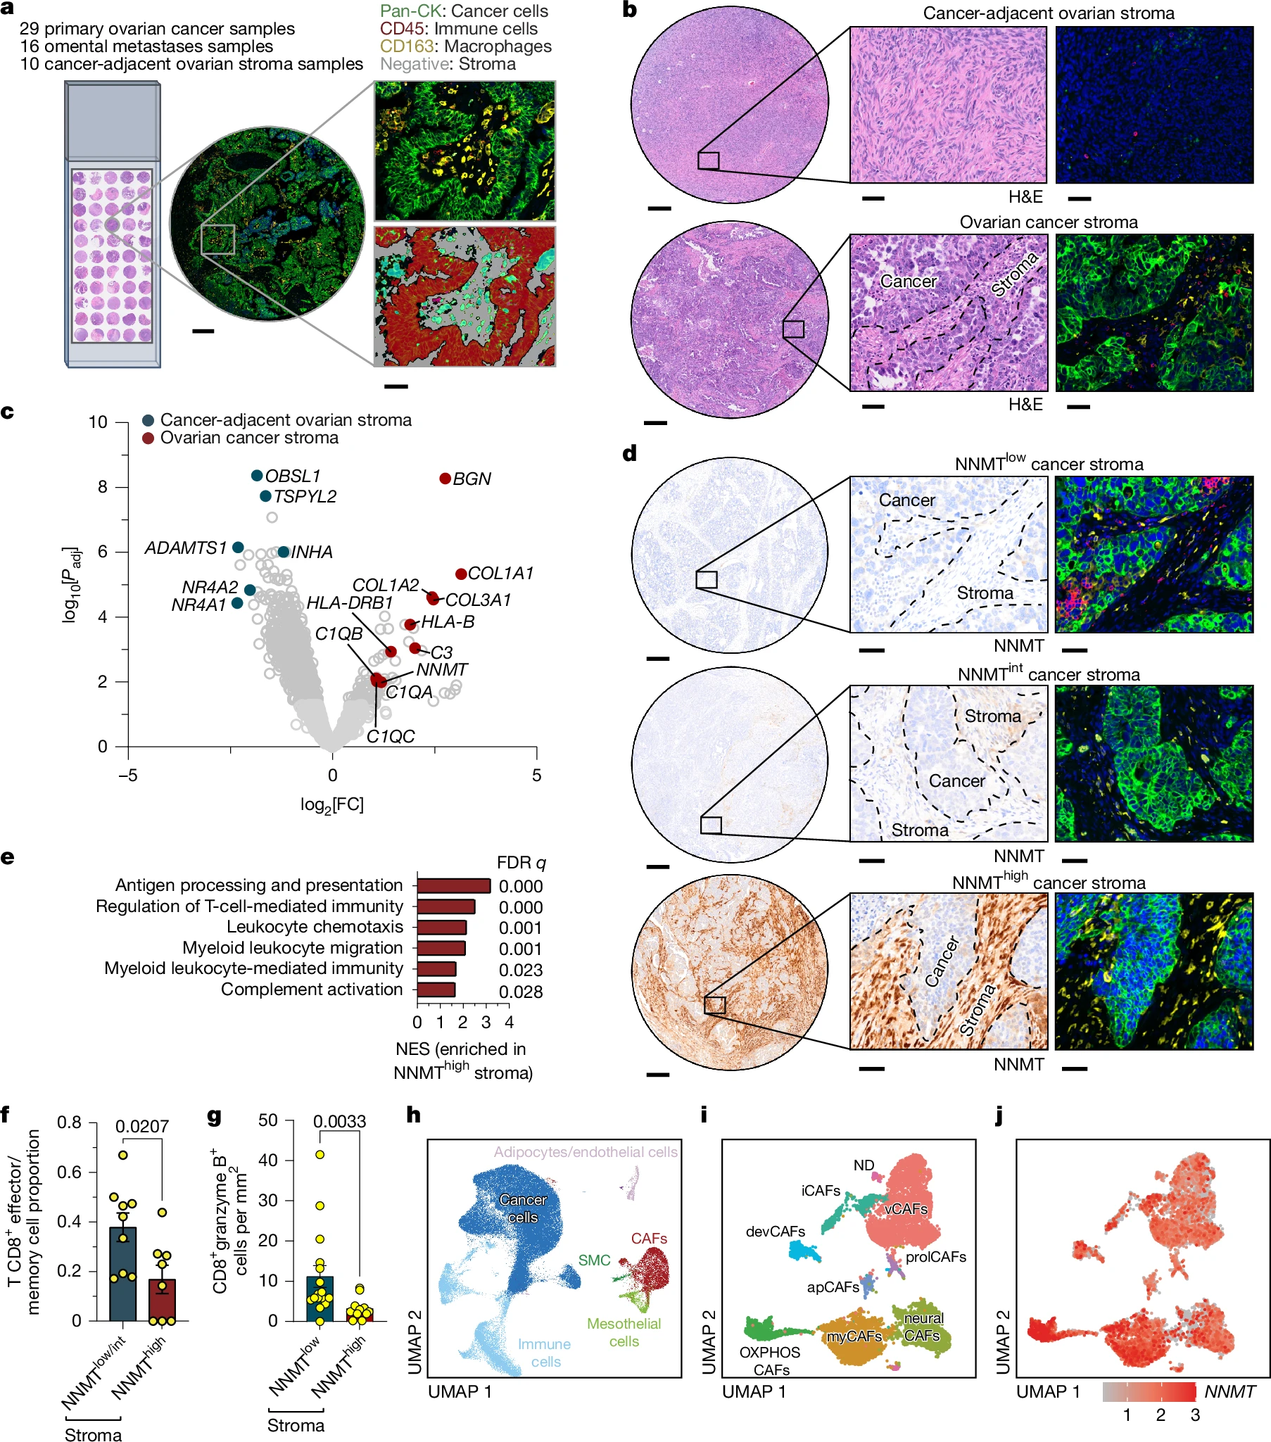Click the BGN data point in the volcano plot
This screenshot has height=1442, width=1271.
[445, 479]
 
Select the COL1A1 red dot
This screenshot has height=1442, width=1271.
[461, 574]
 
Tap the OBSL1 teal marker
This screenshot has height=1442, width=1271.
[258, 476]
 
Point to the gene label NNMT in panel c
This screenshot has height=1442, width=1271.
[442, 669]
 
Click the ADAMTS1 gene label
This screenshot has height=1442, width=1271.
[186, 548]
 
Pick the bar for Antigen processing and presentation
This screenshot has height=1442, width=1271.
[453, 885]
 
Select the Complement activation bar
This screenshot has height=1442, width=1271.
[436, 989]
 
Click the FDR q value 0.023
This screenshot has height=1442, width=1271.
[521, 970]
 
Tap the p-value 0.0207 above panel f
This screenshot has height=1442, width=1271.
[141, 1126]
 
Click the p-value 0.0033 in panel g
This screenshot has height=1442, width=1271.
[339, 1121]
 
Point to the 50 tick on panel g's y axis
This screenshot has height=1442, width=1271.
[268, 1120]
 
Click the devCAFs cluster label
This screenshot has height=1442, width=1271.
[775, 1231]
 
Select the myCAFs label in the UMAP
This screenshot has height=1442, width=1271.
[854, 1336]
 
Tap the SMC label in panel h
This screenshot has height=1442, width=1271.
[594, 1260]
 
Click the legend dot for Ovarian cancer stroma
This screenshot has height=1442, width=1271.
[148, 438]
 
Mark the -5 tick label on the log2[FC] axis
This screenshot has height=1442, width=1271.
[127, 776]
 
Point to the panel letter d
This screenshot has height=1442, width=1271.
[629, 454]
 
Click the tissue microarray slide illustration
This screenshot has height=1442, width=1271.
[113, 224]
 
